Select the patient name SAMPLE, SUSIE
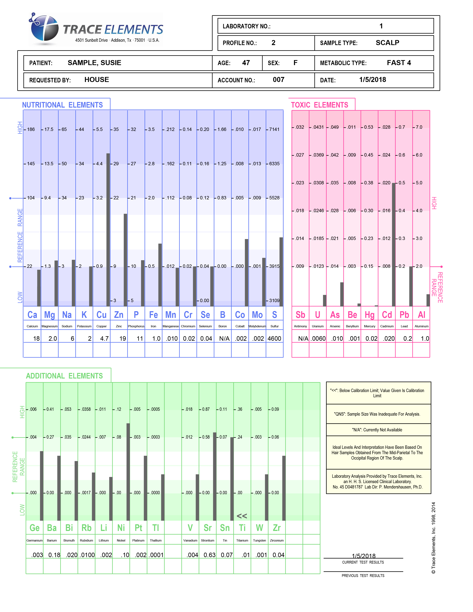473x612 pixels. [x=94, y=63]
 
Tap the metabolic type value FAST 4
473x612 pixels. [x=399, y=63]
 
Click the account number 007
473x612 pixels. [x=279, y=80]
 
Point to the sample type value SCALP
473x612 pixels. [x=387, y=43]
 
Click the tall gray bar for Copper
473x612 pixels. [x=108, y=230]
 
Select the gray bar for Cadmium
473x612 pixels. [x=394, y=245]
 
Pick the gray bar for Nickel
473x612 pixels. [x=128, y=472]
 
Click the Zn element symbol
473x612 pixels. [x=119, y=315]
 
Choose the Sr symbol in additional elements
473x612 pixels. [x=207, y=528]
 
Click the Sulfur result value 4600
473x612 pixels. [x=274, y=338]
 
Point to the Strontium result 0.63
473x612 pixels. [x=210, y=555]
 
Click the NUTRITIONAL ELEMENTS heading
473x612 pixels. [x=63, y=105]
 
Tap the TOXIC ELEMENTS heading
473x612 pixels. [x=319, y=105]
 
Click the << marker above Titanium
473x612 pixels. [x=242, y=516]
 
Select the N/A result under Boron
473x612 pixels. [x=224, y=338]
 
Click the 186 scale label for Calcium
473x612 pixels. [x=31, y=129]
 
